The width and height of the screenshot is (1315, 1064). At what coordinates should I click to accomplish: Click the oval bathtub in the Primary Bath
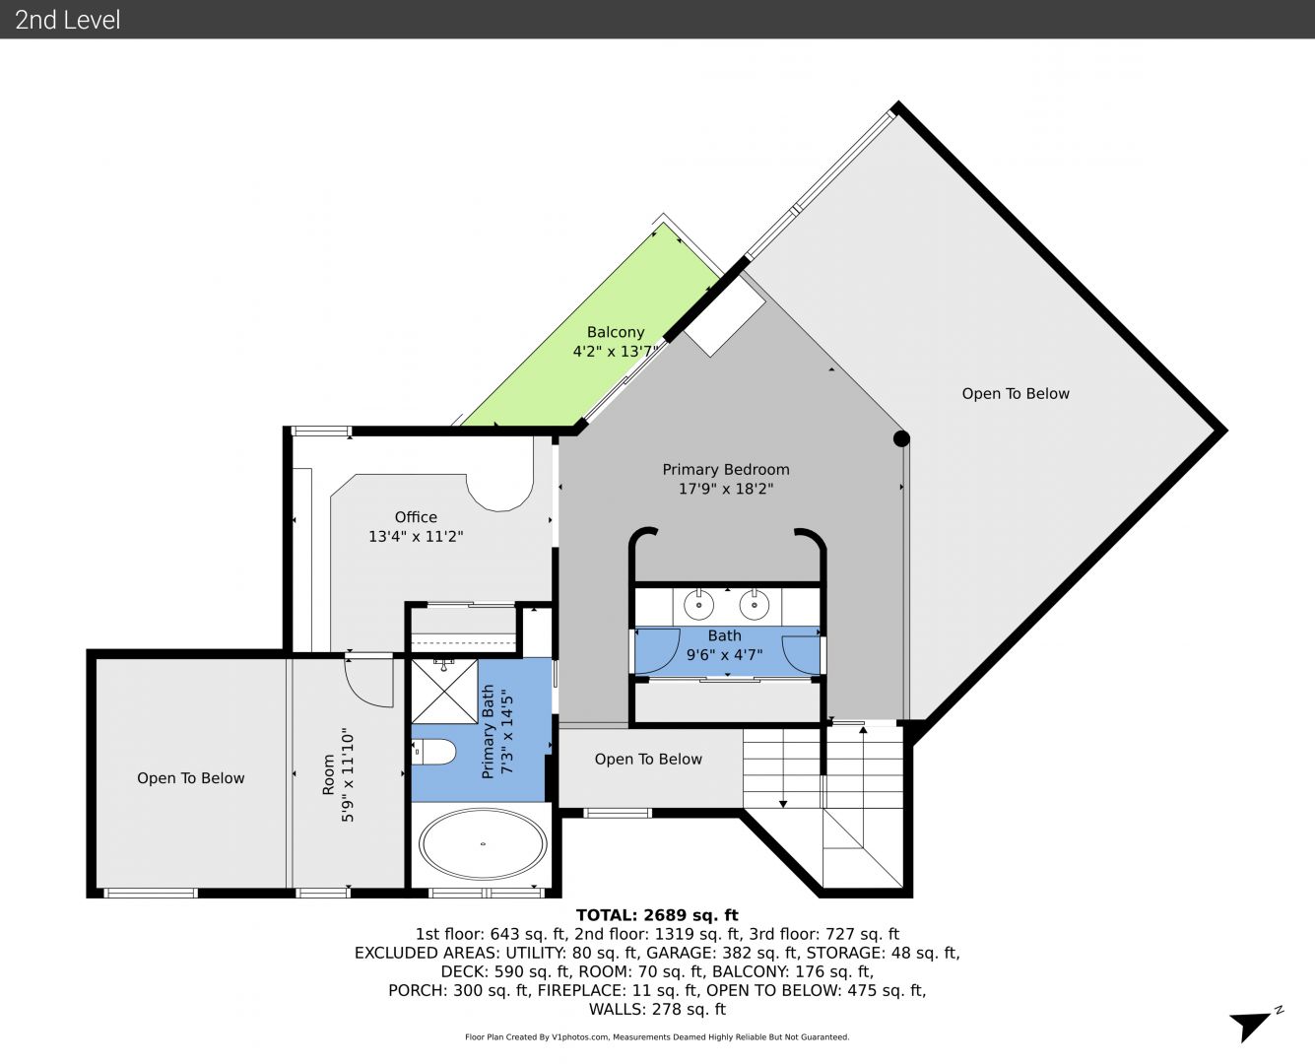click(x=483, y=843)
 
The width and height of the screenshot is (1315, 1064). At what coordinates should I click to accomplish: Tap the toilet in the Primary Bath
click(x=434, y=752)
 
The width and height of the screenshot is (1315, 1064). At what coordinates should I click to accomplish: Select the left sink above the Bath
click(x=698, y=605)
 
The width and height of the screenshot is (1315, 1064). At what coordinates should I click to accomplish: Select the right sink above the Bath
click(x=754, y=605)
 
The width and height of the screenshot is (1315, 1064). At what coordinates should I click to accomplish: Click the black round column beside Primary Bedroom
click(x=901, y=438)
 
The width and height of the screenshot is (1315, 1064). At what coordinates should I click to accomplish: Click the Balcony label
click(x=616, y=332)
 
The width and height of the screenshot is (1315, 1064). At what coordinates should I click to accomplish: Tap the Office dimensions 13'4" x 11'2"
click(x=416, y=536)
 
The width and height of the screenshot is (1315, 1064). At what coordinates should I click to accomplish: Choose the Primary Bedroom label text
click(x=725, y=469)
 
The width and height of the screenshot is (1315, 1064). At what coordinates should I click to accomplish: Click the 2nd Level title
click(x=67, y=20)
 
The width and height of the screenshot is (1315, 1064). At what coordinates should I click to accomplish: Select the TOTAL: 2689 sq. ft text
click(x=657, y=915)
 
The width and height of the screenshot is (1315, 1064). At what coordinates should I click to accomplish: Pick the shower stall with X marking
click(x=444, y=692)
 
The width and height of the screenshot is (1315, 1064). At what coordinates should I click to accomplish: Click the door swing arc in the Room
click(x=368, y=683)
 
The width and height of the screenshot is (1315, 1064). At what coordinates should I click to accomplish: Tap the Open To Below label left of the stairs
click(x=648, y=759)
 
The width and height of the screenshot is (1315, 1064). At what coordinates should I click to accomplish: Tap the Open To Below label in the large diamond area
click(x=1016, y=393)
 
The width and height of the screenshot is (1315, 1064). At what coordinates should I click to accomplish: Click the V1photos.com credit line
click(x=657, y=1036)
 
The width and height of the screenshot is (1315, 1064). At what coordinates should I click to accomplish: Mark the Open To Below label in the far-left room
click(x=191, y=778)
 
